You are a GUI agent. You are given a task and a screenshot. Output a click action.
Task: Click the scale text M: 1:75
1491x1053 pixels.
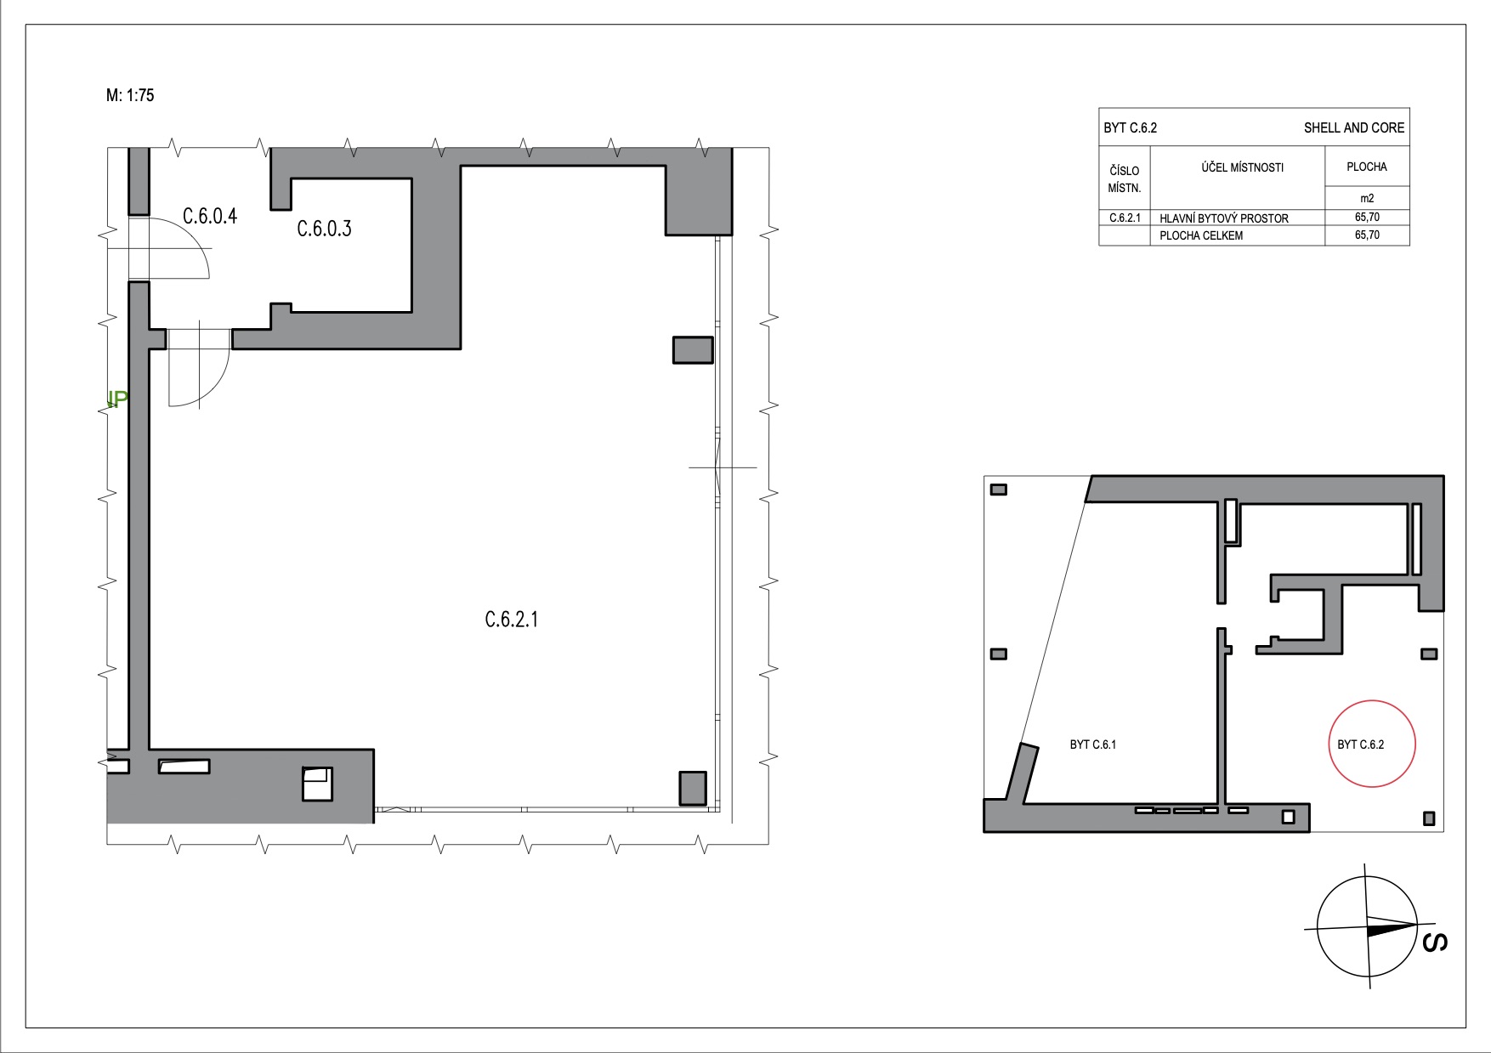tap(130, 96)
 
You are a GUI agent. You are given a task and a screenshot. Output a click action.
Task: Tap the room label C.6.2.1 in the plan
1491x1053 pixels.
tap(512, 620)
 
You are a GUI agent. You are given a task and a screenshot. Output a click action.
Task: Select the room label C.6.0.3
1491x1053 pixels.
tap(324, 228)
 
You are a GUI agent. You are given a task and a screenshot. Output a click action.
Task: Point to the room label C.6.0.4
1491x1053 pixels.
tap(210, 215)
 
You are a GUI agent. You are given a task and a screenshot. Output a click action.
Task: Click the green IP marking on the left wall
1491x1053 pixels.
tap(117, 399)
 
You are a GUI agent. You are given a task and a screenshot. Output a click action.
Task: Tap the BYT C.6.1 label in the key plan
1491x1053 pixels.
tap(1093, 744)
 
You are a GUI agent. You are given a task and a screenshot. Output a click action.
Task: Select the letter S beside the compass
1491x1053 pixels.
tap(1436, 943)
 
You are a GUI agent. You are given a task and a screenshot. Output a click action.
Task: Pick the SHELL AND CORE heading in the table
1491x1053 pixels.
tap(1354, 128)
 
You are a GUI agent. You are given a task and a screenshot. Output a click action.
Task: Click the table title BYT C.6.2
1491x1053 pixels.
tap(1130, 128)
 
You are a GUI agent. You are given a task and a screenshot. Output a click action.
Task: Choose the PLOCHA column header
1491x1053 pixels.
tap(1367, 167)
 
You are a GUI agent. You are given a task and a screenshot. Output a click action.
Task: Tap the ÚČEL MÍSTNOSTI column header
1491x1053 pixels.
tap(1242, 167)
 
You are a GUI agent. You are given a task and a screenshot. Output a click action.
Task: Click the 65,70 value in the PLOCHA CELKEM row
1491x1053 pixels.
tap(1367, 235)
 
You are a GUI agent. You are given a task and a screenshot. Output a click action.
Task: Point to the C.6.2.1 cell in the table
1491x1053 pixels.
tap(1124, 218)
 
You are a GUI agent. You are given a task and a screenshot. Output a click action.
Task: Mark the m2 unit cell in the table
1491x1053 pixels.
tap(1367, 198)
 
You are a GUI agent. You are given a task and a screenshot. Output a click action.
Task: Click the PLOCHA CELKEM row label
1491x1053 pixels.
tap(1201, 235)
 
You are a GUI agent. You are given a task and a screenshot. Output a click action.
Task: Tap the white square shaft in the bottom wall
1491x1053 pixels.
tap(317, 784)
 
